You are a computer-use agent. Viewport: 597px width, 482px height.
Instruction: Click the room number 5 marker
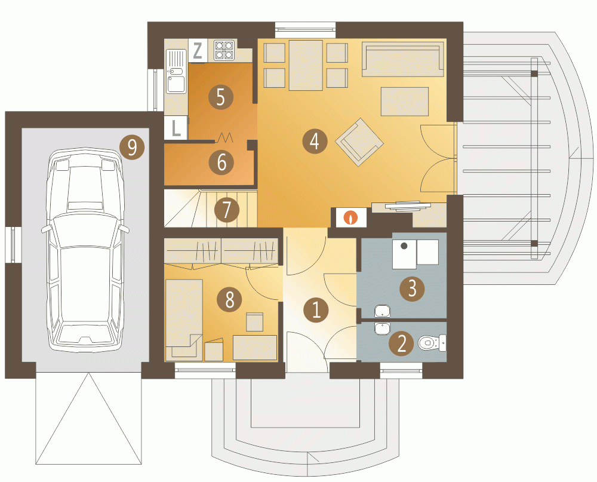[x=221, y=97]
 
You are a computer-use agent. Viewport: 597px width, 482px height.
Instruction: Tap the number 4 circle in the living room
[x=315, y=142]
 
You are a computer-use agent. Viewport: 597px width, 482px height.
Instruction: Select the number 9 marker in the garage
[x=132, y=147]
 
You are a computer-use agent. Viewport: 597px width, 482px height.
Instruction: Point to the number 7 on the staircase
[x=226, y=210]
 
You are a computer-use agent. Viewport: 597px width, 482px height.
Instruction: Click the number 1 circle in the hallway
[x=316, y=310]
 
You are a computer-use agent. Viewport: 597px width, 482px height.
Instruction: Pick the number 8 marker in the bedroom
[x=229, y=299]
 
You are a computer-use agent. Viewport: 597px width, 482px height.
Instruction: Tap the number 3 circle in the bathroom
[x=413, y=288]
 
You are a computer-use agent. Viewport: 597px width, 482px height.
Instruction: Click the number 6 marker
[x=221, y=162]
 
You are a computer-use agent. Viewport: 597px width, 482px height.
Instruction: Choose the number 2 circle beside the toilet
[x=402, y=343]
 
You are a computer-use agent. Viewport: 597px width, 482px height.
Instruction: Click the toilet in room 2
[x=432, y=343]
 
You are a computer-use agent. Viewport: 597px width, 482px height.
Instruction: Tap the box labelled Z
[x=198, y=51]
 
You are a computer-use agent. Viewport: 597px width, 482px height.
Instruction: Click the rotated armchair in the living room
[x=359, y=142]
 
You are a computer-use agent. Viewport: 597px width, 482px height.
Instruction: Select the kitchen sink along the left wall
[x=176, y=72]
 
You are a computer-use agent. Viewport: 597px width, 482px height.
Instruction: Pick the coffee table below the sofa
[x=405, y=102]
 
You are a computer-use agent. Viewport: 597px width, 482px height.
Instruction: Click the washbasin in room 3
[x=382, y=311]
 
